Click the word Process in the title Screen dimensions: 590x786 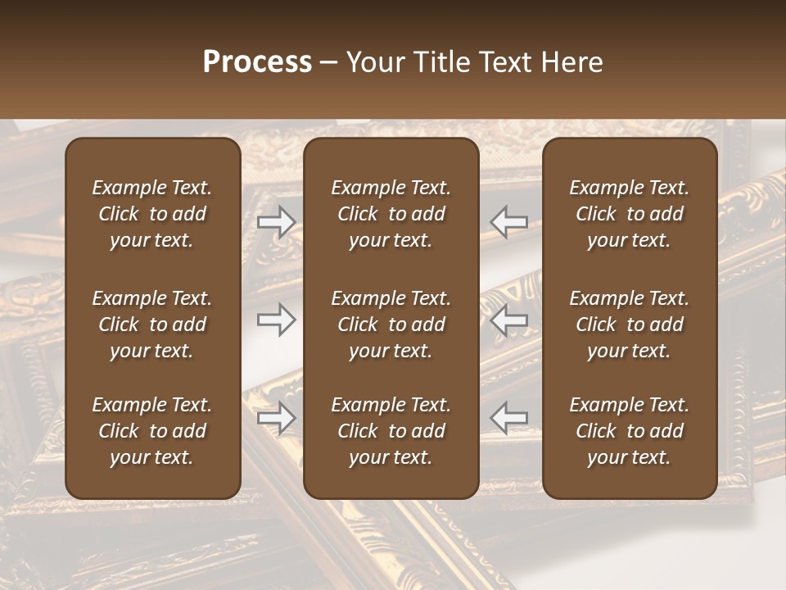[257, 61]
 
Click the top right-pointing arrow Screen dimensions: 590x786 [277, 222]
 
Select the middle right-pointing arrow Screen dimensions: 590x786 [277, 320]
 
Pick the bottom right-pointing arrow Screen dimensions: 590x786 [277, 418]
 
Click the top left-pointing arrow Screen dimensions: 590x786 [508, 220]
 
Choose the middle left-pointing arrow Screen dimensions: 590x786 [508, 319]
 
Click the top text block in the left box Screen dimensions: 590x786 [152, 214]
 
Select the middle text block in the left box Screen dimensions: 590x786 [152, 324]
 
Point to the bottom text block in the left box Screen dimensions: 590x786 [152, 431]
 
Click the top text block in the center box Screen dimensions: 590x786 [391, 214]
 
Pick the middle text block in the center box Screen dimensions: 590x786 [391, 324]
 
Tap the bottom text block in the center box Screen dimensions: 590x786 [391, 431]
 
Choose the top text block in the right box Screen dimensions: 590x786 [629, 214]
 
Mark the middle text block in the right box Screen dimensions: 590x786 [629, 324]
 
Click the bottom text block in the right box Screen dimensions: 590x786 [629, 431]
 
